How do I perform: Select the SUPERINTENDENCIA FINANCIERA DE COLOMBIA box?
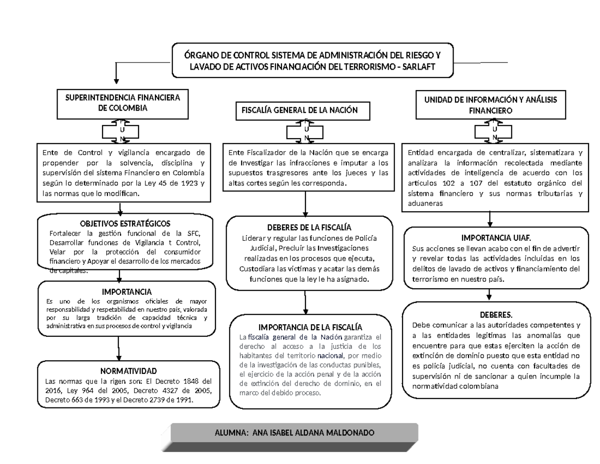coord(119,103)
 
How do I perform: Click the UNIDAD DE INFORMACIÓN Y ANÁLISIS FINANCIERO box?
coord(490,105)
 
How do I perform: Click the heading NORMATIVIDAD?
coord(128,371)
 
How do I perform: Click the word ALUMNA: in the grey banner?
coord(231,432)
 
